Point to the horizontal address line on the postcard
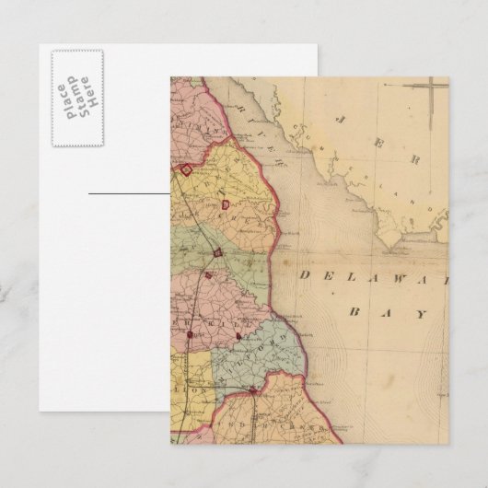tap(129, 194)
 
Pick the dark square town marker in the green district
tap(218, 252)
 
